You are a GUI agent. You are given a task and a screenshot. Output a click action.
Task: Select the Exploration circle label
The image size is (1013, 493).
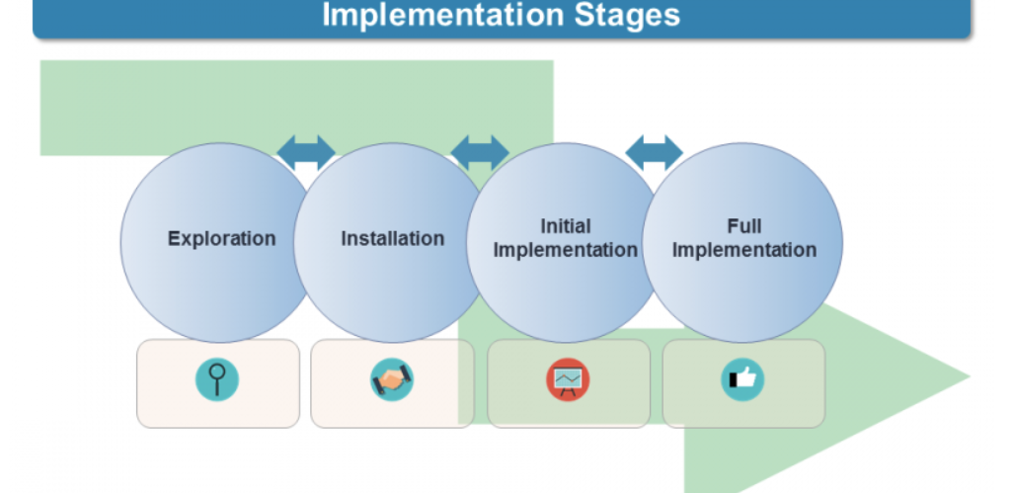pyautogui.click(x=221, y=238)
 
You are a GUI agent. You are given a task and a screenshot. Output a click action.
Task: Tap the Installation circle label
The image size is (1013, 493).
pyautogui.click(x=392, y=238)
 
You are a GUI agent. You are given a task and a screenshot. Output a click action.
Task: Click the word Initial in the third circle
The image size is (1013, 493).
pyautogui.click(x=565, y=226)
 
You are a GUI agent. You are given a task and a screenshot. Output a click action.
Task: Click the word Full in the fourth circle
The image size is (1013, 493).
pyautogui.click(x=743, y=226)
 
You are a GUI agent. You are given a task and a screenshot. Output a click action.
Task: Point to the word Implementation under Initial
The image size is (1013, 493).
pyautogui.click(x=565, y=250)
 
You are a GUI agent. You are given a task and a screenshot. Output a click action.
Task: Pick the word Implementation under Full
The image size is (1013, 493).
pyautogui.click(x=743, y=250)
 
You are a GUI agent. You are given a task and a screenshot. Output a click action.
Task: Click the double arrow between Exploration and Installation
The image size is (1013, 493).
pyautogui.click(x=305, y=152)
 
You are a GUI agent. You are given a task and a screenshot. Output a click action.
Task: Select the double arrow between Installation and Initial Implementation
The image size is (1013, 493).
pyautogui.click(x=479, y=152)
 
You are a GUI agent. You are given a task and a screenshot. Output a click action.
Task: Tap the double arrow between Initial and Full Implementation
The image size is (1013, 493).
pyautogui.click(x=654, y=152)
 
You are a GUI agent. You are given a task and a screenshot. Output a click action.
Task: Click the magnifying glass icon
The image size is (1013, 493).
pyautogui.click(x=217, y=379)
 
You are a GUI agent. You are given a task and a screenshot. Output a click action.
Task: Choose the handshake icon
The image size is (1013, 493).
pyautogui.click(x=392, y=379)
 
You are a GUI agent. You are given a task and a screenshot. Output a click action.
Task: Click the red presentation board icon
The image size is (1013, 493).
pyautogui.click(x=568, y=379)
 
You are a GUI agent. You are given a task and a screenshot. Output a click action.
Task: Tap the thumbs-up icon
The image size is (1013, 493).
pyautogui.click(x=742, y=379)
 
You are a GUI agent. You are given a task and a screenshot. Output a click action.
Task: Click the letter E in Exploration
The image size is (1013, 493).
pyautogui.click(x=174, y=238)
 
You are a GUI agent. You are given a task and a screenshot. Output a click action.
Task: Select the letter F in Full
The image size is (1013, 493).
pyautogui.click(x=732, y=226)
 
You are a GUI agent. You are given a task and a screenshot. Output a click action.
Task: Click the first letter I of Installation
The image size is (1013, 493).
pyautogui.click(x=344, y=238)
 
